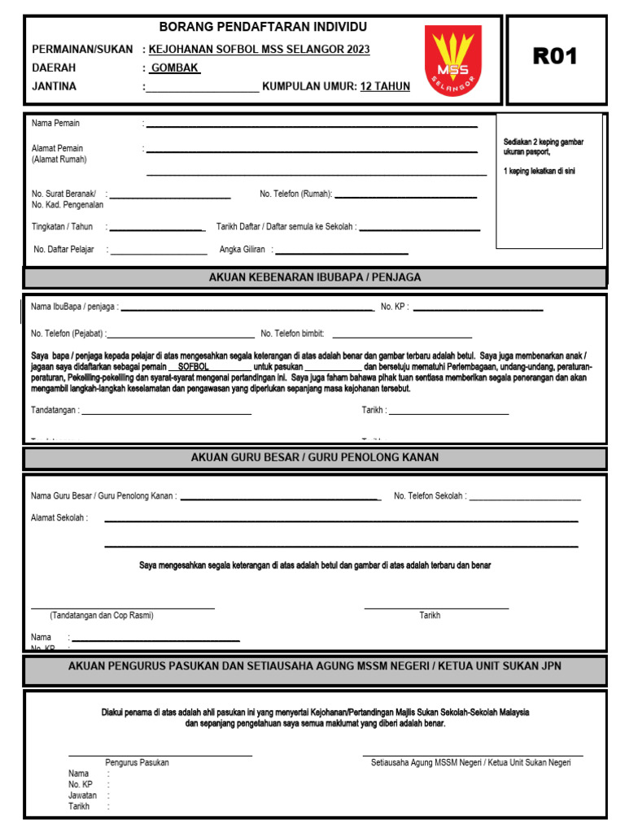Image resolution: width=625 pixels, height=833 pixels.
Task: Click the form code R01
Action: pos(554,56)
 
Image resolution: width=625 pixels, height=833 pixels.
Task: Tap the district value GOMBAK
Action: pos(174,68)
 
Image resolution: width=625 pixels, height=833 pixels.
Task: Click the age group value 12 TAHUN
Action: pos(385,86)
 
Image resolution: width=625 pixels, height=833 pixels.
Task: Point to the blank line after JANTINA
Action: pos(202,88)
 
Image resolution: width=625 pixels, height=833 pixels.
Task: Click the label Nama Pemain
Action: pos(55,123)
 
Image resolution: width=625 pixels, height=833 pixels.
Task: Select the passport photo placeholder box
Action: pos(549,181)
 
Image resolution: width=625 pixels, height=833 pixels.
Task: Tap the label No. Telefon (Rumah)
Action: pos(296,194)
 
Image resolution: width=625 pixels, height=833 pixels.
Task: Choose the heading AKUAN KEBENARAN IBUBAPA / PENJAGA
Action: pos(315,277)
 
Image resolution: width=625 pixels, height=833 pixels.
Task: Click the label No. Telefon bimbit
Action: pos(292,334)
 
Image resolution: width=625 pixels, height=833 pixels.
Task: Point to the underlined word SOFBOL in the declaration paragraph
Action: pos(193,367)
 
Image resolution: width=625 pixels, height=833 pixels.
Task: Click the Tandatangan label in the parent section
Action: pos(55,410)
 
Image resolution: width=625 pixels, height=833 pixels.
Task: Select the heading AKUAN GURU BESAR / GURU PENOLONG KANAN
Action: pos(315,457)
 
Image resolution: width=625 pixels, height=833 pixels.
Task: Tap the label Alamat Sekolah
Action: pos(59,517)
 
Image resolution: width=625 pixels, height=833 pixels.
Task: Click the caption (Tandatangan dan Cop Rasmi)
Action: pos(102,616)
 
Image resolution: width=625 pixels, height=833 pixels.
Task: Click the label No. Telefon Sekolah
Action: pos(430,495)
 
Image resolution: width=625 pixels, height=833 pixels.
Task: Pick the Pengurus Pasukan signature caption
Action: pos(137,763)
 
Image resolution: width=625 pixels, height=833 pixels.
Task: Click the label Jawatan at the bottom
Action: pos(82,796)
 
